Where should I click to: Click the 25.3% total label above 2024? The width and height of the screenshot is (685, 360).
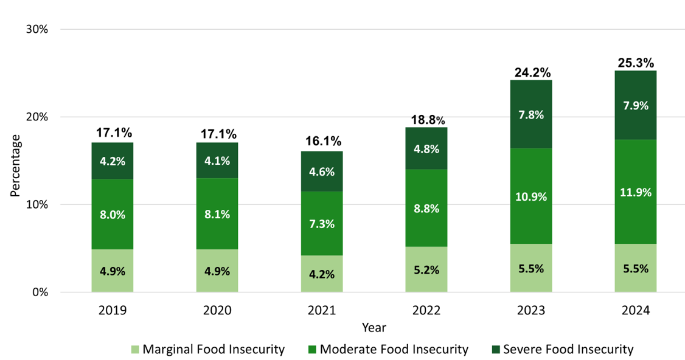click(636, 63)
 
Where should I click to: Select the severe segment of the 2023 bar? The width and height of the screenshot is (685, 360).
click(531, 114)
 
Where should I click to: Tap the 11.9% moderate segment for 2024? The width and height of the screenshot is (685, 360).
click(636, 192)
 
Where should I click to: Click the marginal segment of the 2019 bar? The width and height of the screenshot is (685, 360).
click(113, 271)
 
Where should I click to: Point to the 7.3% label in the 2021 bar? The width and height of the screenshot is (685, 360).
click(322, 224)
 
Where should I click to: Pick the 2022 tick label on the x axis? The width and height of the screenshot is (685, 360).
click(426, 311)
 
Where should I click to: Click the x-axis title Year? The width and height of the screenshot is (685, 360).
click(374, 328)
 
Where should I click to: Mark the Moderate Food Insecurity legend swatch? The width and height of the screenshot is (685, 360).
click(312, 350)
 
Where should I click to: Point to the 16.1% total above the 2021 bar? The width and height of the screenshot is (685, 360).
click(322, 142)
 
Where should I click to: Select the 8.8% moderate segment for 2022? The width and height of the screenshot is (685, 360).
click(426, 208)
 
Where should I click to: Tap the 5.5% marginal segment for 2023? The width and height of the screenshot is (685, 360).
click(531, 268)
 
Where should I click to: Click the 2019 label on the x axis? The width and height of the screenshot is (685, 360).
click(113, 311)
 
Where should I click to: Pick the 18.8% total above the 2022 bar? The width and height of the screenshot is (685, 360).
click(426, 119)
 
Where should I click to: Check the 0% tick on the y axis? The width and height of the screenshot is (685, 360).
click(39, 292)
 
